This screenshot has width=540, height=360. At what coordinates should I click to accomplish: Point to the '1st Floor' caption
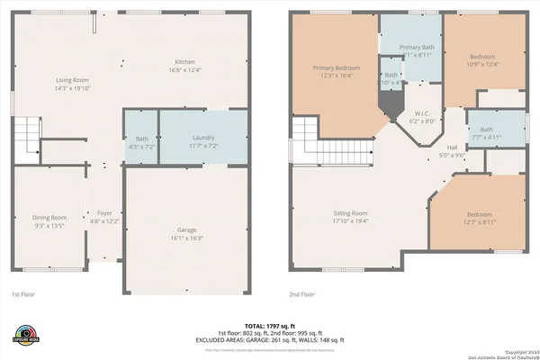pyautogui.click(x=23, y=294)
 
